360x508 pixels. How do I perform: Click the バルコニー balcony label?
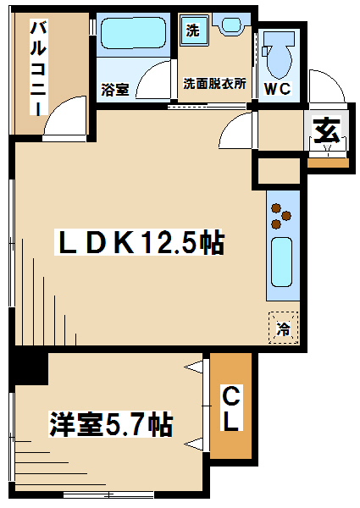pos(39,68)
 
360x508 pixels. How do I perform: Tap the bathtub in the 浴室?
pos(133,33)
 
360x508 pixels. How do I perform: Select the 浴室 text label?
pos(114,90)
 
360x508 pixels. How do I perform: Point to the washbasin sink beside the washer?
pos(231,25)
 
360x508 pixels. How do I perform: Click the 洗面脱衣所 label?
pos(214,84)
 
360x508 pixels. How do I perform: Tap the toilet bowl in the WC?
pos(278,55)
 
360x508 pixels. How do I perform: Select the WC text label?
pos(278,88)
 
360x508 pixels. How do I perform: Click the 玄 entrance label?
pos(327,130)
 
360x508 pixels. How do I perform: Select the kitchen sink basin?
pos(281,262)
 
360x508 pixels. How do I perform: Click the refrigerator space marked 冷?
pos(284,328)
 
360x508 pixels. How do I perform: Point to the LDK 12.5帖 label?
pos(139,242)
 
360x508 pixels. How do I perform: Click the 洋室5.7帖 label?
pos(110,424)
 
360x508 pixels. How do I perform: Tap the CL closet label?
pos(231,409)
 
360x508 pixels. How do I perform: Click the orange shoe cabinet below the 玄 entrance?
pos(328,163)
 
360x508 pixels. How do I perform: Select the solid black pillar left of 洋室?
pos(29,367)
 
